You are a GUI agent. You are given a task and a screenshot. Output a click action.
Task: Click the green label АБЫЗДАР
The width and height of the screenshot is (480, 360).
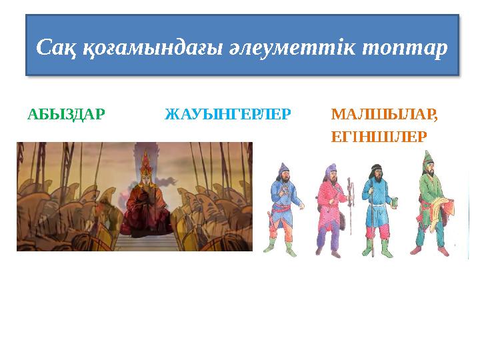coord(66,114)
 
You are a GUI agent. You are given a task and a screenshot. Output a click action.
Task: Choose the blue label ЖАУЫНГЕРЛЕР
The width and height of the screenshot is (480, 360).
coord(227,114)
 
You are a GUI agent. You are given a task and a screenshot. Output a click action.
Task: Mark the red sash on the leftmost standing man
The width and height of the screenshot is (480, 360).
coord(283,215)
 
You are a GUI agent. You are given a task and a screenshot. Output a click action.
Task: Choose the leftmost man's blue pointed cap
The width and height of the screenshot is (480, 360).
coord(284,167)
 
